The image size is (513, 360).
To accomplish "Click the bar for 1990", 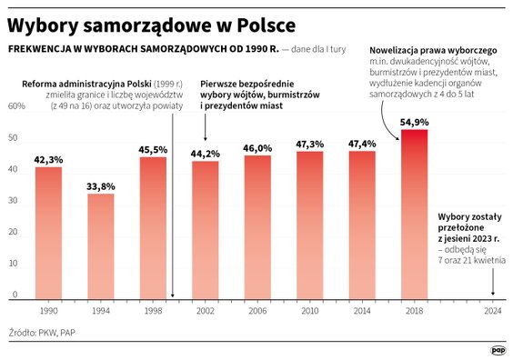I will [48, 233].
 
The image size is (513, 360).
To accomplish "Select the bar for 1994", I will [100, 245].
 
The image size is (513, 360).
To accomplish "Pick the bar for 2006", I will [257, 227].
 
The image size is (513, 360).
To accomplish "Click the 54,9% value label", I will [414, 121].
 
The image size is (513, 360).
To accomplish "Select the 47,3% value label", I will [309, 144].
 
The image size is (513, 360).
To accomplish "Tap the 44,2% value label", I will [206, 154].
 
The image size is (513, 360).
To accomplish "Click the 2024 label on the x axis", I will [493, 311].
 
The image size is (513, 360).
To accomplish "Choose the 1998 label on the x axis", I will [153, 311].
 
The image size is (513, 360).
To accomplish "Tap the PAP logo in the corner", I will [498, 348].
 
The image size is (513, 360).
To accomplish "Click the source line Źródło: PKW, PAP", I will [43, 333].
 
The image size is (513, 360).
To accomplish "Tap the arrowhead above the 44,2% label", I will [206, 138].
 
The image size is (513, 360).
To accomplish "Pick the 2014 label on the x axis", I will [362, 311].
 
